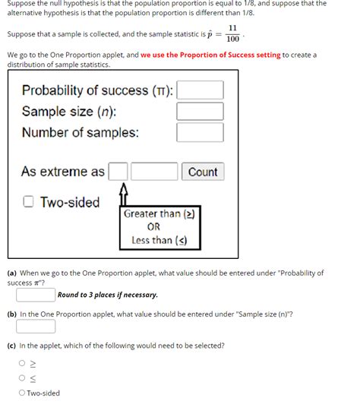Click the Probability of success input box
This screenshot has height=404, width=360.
click(201, 90)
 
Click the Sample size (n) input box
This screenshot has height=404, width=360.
click(201, 112)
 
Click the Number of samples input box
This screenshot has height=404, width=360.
click(201, 133)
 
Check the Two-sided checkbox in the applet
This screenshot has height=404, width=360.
click(27, 202)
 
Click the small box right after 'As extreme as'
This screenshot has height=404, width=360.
click(118, 172)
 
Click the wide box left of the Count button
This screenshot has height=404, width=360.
click(154, 172)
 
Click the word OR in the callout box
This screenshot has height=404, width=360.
click(153, 227)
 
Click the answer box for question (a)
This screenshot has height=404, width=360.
click(36, 295)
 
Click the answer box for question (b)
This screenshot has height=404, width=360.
click(36, 327)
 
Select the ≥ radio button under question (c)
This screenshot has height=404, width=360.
click(22, 363)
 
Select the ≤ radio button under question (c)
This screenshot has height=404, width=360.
click(22, 377)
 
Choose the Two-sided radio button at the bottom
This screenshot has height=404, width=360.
click(22, 393)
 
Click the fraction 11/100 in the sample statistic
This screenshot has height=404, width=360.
click(232, 33)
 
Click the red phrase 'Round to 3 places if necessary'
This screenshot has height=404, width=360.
click(108, 295)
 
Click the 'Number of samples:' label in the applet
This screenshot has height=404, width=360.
click(81, 133)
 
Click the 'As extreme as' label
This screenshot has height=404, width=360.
click(63, 172)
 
